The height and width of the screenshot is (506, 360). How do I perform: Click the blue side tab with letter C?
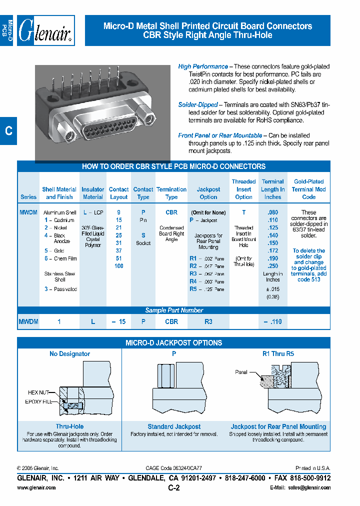(x=8, y=131)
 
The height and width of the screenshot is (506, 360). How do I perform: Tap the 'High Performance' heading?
(x=203, y=66)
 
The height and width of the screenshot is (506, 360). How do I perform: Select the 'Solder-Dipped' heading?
(x=198, y=105)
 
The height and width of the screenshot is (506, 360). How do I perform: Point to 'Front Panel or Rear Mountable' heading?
(x=220, y=135)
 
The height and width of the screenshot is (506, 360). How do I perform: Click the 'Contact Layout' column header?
(x=118, y=193)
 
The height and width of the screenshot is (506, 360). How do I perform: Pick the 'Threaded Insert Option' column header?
(x=243, y=189)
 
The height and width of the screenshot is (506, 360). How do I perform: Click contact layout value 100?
(x=118, y=266)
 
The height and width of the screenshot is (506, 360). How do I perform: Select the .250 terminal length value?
(x=272, y=266)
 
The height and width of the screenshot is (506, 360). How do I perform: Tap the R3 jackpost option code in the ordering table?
(x=193, y=274)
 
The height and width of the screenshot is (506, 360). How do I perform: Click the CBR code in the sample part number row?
(x=171, y=322)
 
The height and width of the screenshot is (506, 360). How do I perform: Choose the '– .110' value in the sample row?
(x=272, y=322)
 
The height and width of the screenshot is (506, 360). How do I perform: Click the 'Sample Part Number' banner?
(x=174, y=310)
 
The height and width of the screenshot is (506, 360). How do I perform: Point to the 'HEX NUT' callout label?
(x=39, y=392)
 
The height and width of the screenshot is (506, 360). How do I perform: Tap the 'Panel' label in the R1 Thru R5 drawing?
(x=241, y=372)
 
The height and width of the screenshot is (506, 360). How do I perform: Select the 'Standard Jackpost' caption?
(x=174, y=426)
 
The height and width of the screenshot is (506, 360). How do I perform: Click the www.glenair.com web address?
(x=36, y=488)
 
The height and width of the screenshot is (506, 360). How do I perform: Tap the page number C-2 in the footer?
(x=173, y=488)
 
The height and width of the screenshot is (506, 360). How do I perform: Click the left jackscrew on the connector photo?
(x=68, y=134)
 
